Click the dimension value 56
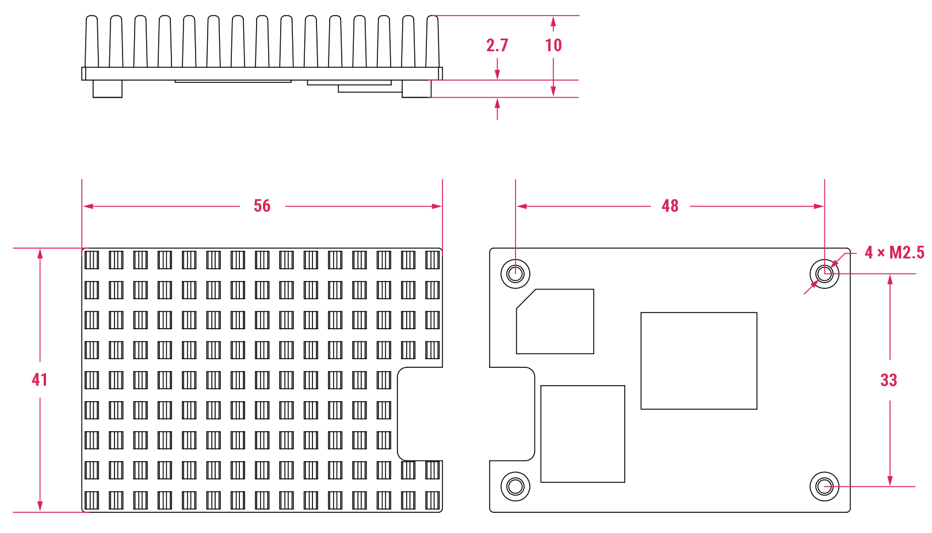pyautogui.click(x=262, y=206)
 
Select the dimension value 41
pyautogui.click(x=40, y=380)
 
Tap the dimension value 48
pyautogui.click(x=670, y=206)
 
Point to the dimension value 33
pyautogui.click(x=889, y=380)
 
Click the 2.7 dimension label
pyautogui.click(x=497, y=45)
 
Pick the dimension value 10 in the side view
pyautogui.click(x=553, y=45)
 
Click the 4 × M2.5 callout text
pyautogui.click(x=894, y=253)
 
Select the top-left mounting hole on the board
pyautogui.click(x=515, y=273)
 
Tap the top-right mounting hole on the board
pyautogui.click(x=824, y=273)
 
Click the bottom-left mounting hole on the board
pyautogui.click(x=515, y=486)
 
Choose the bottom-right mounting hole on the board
pyautogui.click(x=824, y=486)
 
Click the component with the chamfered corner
pyautogui.click(x=555, y=321)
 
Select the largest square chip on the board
pyautogui.click(x=699, y=361)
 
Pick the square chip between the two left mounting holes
pyautogui.click(x=583, y=434)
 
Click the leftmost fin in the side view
pyautogui.click(x=92, y=41)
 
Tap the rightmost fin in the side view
pyautogui.click(x=433, y=41)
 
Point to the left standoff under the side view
pyautogui.click(x=108, y=89)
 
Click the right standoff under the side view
pyautogui.click(x=417, y=89)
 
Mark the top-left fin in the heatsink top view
pyautogui.click(x=92, y=260)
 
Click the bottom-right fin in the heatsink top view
pyautogui.click(x=433, y=501)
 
